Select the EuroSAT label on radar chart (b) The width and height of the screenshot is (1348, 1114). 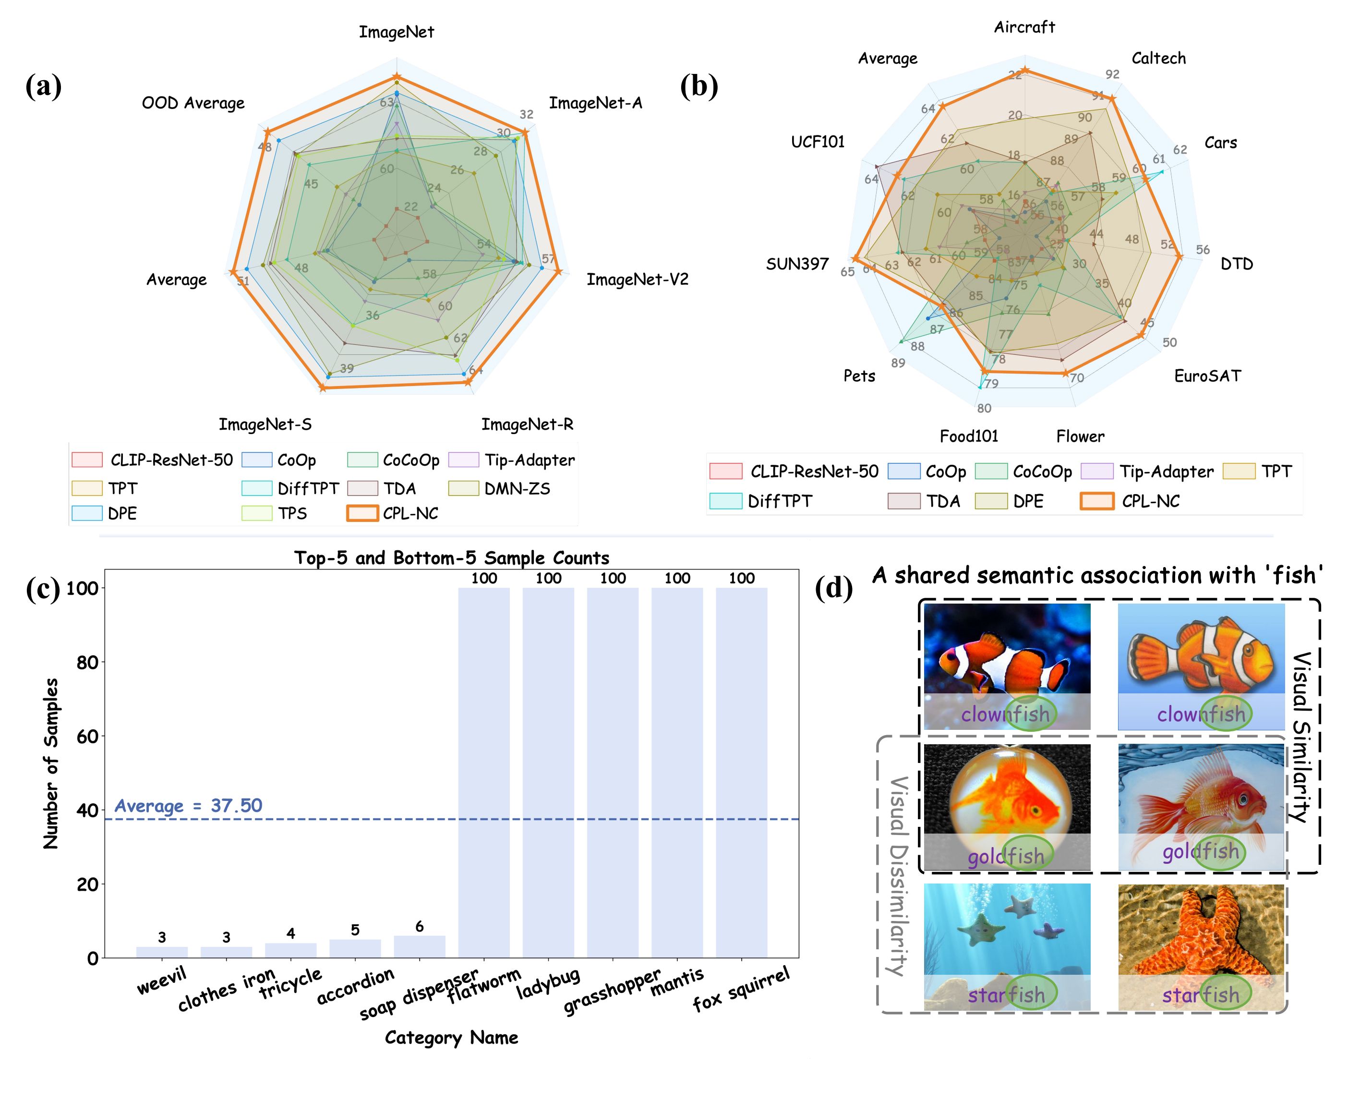(1207, 376)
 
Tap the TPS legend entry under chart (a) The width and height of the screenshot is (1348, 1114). (292, 513)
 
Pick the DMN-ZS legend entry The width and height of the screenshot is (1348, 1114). (517, 489)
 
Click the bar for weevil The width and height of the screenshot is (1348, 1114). (162, 952)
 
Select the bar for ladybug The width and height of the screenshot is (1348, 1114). (548, 773)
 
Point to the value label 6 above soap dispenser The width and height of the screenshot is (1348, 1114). (419, 926)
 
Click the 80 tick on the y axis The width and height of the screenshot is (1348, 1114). (86, 662)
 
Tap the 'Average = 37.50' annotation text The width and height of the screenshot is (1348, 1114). (188, 806)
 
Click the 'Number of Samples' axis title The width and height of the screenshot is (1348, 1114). (51, 763)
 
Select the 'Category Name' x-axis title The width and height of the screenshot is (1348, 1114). (451, 1038)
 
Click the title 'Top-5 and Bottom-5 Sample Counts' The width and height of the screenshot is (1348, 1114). (451, 557)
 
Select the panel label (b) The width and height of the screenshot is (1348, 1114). (698, 85)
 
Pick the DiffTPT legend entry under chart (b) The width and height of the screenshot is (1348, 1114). (780, 501)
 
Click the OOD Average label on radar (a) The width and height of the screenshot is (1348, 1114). (193, 103)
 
